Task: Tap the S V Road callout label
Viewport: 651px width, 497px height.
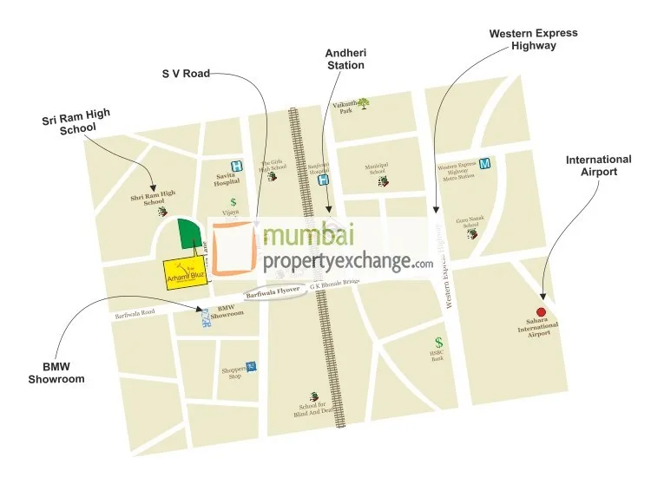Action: coord(186,74)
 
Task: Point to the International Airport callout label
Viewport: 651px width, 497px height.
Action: coord(599,166)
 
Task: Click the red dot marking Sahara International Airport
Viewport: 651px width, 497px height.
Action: coord(541,311)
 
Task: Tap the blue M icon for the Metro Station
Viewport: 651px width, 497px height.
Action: coord(484,164)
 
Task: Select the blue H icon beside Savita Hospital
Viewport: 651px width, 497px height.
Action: coord(235,166)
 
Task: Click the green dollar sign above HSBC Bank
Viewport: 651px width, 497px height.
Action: coord(439,343)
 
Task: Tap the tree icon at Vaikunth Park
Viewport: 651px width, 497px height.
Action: coord(363,102)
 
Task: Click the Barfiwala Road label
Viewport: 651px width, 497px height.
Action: coord(135,315)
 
